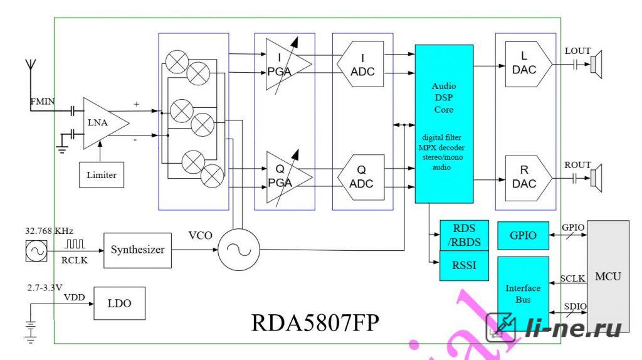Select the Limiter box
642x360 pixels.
[x=102, y=175]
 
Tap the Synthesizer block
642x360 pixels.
[x=137, y=250]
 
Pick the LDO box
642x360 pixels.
[x=120, y=304]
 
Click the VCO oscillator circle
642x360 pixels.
[x=239, y=250]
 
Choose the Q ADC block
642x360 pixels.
[x=361, y=177]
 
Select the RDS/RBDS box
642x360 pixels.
[x=464, y=235]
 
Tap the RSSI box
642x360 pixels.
[x=464, y=265]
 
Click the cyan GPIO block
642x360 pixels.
[x=523, y=235]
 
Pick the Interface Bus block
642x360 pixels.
[x=523, y=294]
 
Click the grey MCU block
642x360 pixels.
[x=608, y=277]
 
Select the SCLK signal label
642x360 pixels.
[x=572, y=278]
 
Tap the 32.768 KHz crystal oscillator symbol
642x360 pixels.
[x=36, y=251]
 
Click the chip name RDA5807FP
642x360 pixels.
[x=315, y=323]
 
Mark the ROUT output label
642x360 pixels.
[x=577, y=165]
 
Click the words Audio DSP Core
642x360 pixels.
[x=444, y=98]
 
